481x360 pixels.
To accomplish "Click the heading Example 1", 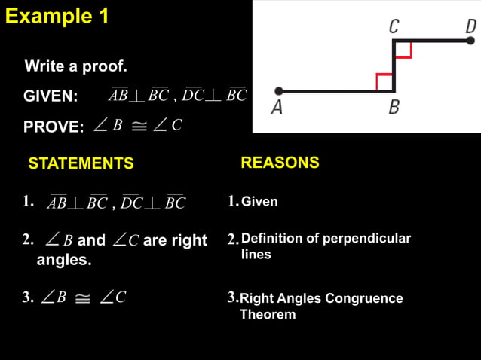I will tap(57, 16).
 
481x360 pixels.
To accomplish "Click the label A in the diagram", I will tap(277, 108).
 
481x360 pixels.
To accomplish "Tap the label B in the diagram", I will tap(394, 108).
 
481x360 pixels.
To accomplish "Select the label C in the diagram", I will tap(394, 27).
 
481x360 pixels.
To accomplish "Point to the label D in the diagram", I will tap(470, 27).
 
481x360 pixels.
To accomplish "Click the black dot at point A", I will tap(278, 91).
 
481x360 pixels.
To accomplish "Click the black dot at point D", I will tap(470, 40).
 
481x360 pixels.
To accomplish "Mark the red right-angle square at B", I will tap(384, 82).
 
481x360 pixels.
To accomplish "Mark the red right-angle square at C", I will tap(403, 49).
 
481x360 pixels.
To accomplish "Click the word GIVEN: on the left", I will tap(51, 96).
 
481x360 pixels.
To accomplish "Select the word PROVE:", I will tap(54, 127).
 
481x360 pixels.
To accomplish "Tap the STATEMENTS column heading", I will tap(81, 163).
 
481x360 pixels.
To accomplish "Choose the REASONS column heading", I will tap(280, 163).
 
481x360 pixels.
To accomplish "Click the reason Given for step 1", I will tap(259, 202).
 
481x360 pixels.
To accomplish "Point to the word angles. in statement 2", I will tap(64, 261).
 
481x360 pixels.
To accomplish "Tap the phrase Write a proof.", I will tap(76, 66).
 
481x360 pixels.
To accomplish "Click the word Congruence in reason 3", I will tap(365, 298).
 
